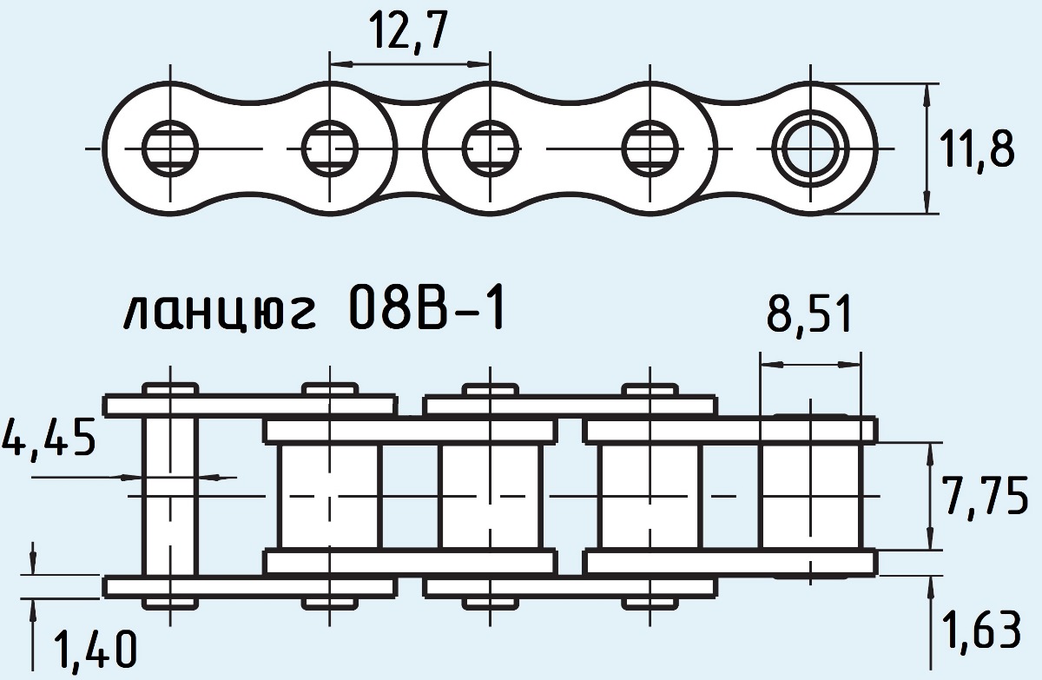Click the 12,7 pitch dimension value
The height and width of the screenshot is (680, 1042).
point(409,33)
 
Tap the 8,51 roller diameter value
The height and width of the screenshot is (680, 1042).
point(808,316)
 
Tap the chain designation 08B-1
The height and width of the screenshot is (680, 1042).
point(425,311)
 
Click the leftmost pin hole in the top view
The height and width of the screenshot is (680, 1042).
point(169,149)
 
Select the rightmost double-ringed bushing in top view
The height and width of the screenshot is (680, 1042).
point(810,149)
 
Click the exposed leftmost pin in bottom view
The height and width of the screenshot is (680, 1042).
point(170,495)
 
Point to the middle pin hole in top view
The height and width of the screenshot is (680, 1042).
point(491,149)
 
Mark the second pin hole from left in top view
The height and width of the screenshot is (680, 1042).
point(329,149)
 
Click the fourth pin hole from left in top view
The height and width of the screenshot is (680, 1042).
point(650,149)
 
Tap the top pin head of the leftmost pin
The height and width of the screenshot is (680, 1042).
point(170,388)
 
